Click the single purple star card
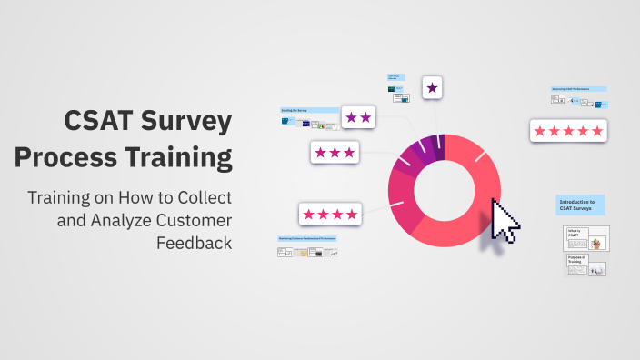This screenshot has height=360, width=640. (x=432, y=88)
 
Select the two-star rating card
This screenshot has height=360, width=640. (x=358, y=117)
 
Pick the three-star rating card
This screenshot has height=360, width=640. (x=335, y=152)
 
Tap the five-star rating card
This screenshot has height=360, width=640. (x=568, y=131)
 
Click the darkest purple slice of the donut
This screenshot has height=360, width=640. (x=439, y=145)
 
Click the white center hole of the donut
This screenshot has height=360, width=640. (x=445, y=189)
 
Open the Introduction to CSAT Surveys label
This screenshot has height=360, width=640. (x=580, y=205)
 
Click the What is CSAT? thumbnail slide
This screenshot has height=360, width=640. (x=586, y=238)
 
